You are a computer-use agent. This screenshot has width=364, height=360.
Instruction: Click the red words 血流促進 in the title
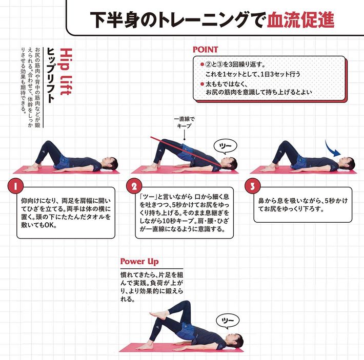point(300,20)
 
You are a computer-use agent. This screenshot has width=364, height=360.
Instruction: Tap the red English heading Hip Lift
point(66,72)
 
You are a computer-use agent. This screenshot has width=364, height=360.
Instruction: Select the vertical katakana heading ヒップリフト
point(51,75)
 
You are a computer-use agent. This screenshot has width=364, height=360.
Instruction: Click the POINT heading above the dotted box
point(205,49)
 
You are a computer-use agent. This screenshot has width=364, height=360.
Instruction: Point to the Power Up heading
point(139,262)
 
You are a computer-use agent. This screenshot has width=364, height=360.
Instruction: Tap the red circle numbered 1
point(15,186)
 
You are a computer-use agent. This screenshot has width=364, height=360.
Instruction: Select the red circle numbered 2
point(134,186)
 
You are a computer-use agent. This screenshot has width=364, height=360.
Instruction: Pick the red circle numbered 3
point(253,186)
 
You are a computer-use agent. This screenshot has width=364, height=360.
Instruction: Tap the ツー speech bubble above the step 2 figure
point(225,146)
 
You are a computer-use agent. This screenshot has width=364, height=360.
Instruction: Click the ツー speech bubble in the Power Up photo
point(228,321)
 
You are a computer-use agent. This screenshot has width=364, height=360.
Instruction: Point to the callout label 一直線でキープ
point(185,122)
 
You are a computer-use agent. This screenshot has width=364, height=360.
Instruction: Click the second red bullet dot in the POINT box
point(202,84)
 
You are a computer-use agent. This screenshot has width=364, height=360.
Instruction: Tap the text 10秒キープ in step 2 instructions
point(178,221)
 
